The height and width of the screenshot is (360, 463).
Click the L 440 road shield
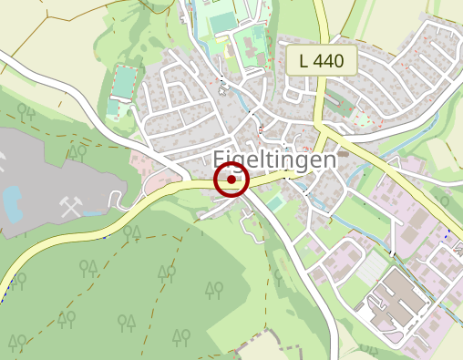[321, 62]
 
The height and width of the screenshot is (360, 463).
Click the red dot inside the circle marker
[231, 180]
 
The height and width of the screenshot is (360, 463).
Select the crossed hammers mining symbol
[71, 207]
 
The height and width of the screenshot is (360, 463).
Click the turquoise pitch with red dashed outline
[122, 82]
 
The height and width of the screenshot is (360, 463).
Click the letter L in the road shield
[303, 62]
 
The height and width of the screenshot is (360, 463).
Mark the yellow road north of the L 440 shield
[322, 18]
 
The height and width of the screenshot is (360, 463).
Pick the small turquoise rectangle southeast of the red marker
[274, 204]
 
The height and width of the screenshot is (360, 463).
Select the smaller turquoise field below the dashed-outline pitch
[113, 108]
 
